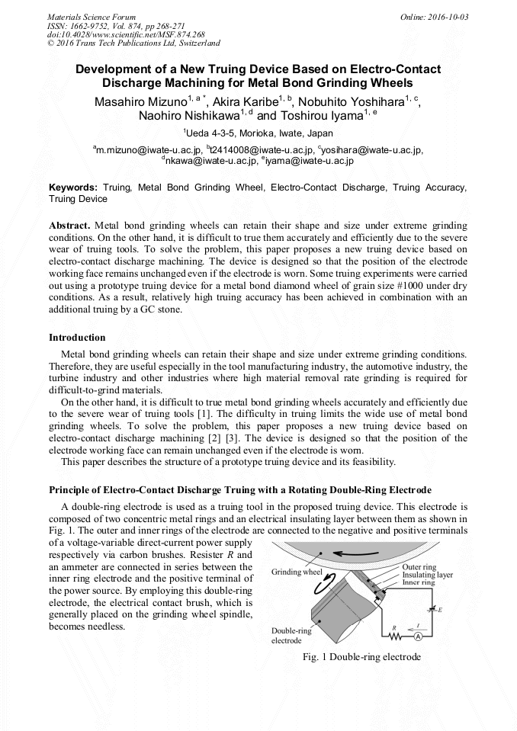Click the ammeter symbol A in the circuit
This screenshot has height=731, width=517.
click(x=418, y=636)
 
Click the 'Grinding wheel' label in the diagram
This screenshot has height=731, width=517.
click(x=297, y=572)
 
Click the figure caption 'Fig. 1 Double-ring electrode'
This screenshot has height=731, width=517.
click(x=361, y=657)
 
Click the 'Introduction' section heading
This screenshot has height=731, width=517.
click(x=78, y=337)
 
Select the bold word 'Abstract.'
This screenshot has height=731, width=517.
click(x=70, y=226)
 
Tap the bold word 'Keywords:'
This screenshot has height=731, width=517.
click(x=73, y=187)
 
